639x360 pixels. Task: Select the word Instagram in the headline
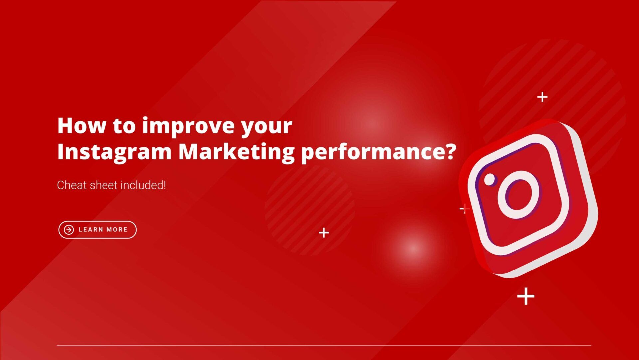pos(114,152)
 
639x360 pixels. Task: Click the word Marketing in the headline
pos(236,152)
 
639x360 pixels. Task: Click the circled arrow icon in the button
pos(69,230)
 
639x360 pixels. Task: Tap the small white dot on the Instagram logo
pos(490,179)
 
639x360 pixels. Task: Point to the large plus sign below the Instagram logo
pos(526,296)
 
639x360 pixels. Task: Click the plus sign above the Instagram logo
pos(542,97)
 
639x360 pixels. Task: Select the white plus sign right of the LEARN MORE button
pos(324,232)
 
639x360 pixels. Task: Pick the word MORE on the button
pos(117,230)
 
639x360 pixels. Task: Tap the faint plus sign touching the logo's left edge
pos(464,209)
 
